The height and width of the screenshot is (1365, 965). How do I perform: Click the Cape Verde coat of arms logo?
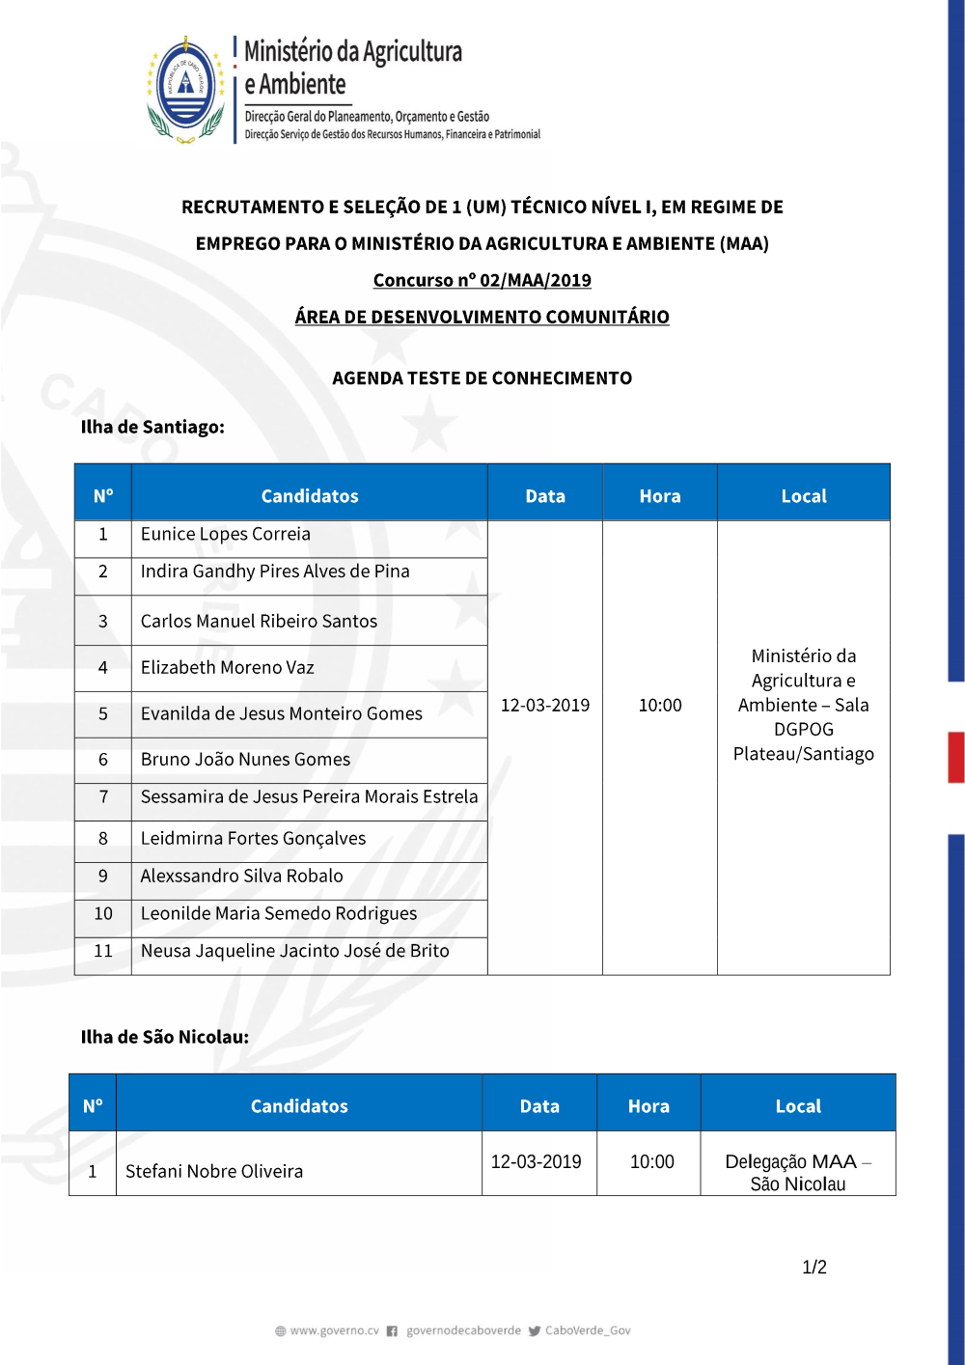tap(185, 90)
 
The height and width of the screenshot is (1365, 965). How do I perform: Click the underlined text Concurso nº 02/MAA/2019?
tap(482, 280)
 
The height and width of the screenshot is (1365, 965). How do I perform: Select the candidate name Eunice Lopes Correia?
tap(226, 534)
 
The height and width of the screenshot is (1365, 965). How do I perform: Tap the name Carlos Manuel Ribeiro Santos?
tap(259, 621)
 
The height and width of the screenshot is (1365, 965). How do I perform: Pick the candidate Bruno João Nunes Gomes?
tap(245, 760)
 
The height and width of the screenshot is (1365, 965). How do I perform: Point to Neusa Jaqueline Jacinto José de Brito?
tap(294, 951)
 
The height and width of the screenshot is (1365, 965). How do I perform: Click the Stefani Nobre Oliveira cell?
tap(214, 1171)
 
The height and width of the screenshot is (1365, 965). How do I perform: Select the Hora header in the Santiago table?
tap(660, 496)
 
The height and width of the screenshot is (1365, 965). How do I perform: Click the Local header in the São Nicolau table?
tap(798, 1106)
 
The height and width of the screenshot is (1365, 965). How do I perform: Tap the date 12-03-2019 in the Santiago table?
tap(545, 706)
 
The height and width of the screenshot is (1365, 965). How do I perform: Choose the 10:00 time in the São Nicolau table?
tap(652, 1162)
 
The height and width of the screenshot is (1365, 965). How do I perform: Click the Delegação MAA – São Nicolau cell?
tap(798, 1172)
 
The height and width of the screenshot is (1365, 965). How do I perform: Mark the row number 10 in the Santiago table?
tap(103, 913)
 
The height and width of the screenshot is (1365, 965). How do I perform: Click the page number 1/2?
tap(814, 1267)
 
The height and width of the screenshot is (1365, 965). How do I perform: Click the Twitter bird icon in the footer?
tap(534, 1331)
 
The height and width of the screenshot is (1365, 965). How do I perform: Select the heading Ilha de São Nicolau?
tap(165, 1037)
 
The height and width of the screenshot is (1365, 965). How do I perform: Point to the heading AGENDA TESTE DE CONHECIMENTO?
tap(482, 378)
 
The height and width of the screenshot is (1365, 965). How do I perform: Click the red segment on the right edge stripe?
tap(956, 757)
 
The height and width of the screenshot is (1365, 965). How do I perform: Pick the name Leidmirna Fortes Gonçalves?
tap(253, 839)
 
